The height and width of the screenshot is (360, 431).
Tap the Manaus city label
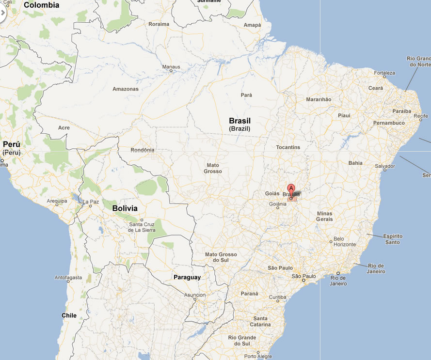(x=171, y=67)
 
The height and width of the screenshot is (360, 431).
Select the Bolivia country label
(x=125, y=208)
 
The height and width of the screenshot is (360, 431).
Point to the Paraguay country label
(x=187, y=278)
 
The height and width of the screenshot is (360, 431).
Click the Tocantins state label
(x=288, y=147)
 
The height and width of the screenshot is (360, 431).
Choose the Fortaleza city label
(x=384, y=74)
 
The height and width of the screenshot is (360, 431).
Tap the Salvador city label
(x=385, y=166)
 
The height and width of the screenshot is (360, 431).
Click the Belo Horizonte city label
(x=345, y=241)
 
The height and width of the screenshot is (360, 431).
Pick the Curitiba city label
(x=278, y=297)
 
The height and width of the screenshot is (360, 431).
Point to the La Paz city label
(x=91, y=202)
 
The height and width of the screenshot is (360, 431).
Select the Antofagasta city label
(x=68, y=278)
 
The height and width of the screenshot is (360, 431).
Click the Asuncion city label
(x=195, y=295)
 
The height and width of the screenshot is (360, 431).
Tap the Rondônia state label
(x=142, y=150)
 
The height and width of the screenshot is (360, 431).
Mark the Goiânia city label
(x=278, y=204)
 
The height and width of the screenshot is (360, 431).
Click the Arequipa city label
(x=57, y=201)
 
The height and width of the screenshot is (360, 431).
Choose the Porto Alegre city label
(x=258, y=356)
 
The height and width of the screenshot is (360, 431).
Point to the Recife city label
(x=420, y=116)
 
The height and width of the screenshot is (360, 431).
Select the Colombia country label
(x=41, y=5)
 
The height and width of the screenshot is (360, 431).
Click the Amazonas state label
(x=126, y=89)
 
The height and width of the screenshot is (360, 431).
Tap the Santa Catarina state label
(x=260, y=321)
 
